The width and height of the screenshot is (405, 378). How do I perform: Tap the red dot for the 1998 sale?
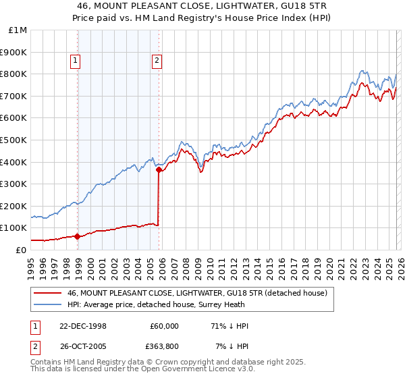click(x=78, y=236)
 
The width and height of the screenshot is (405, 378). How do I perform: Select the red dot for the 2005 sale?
click(x=159, y=170)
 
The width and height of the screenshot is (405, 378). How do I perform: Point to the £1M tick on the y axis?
click(x=18, y=30)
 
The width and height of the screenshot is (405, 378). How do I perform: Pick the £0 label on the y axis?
click(x=21, y=250)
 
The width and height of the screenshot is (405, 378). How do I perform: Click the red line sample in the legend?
click(x=47, y=293)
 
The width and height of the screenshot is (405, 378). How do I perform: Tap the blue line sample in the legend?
click(x=47, y=304)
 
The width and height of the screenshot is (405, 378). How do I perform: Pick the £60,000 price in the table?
click(x=164, y=326)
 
